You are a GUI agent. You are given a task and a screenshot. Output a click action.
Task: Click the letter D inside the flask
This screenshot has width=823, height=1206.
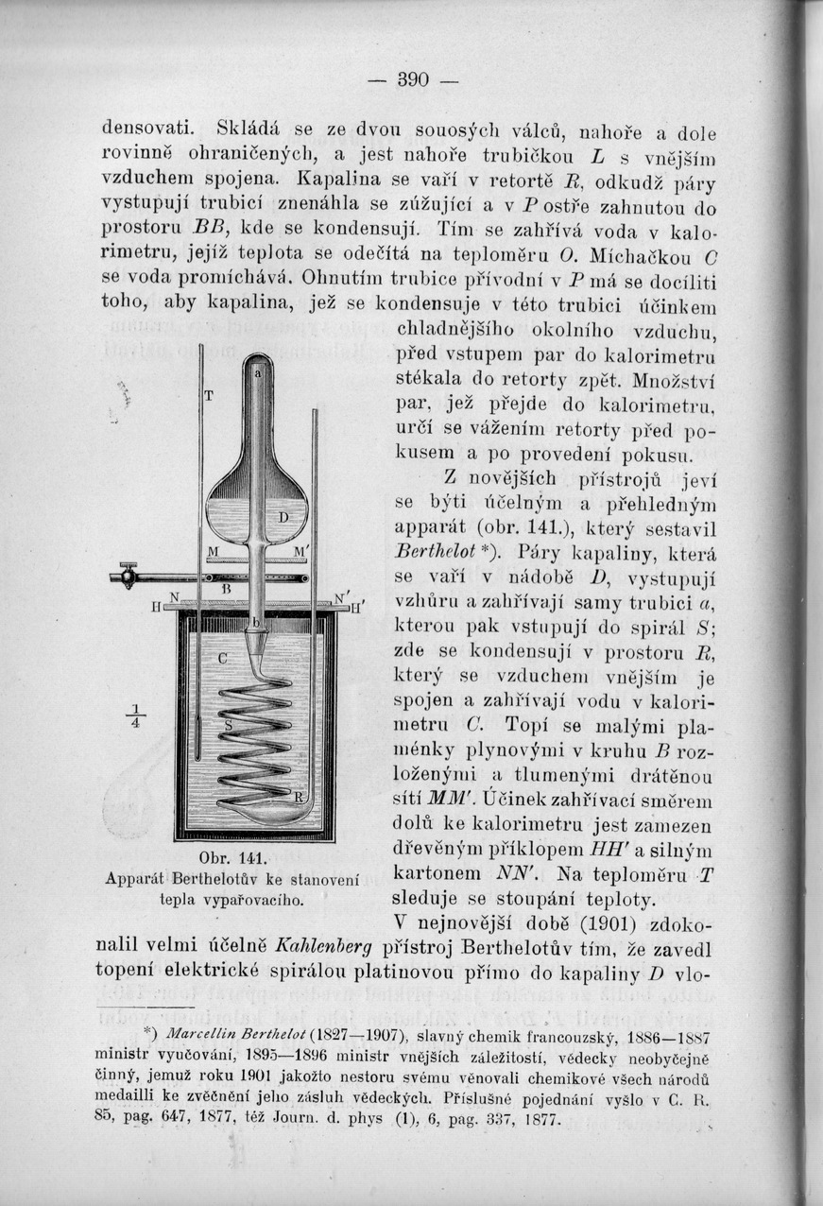tap(282, 519)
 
